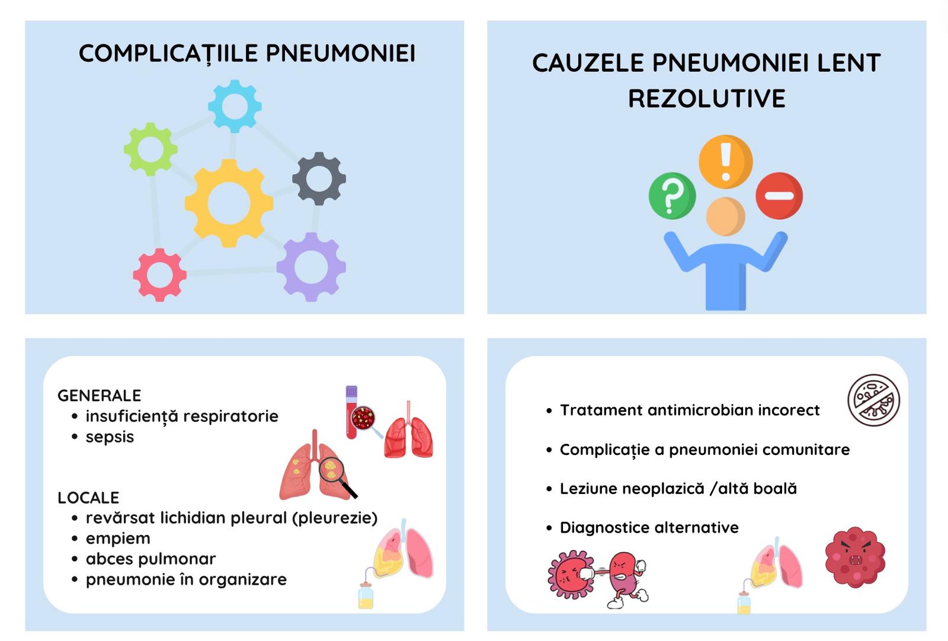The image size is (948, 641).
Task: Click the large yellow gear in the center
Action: coord(229,203)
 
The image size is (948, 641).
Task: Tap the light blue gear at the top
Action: coord(235,107)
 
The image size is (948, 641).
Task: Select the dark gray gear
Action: coord(319,178)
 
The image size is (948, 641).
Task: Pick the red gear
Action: coord(159,275)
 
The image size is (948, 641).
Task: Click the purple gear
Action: coord(311,267)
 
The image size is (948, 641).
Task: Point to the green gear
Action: coord(150,149)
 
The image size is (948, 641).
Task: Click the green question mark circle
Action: coord(672,196)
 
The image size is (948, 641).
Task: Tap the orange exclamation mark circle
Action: coord(725,162)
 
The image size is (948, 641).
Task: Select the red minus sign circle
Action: coord(779,196)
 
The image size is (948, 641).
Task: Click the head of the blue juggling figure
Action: coord(725,216)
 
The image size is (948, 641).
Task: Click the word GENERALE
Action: coord(99,395)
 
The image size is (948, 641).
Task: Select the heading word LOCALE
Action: coord(88,498)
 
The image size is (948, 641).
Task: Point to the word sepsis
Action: coord(110,437)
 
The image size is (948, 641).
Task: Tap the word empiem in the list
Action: coord(118,539)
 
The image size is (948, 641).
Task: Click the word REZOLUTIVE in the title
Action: coord(707,98)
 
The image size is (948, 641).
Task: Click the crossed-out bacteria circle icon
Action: coord(873,400)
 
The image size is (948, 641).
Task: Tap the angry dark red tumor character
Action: coord(855,557)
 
